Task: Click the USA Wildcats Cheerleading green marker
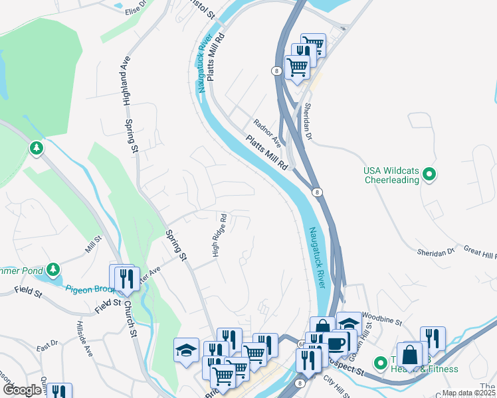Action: click(429, 175)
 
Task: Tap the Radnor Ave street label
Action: click(268, 133)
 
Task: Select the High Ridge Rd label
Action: click(219, 235)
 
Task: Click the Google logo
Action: click(22, 390)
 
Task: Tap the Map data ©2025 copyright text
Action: click(468, 393)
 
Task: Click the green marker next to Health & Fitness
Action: click(380, 363)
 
